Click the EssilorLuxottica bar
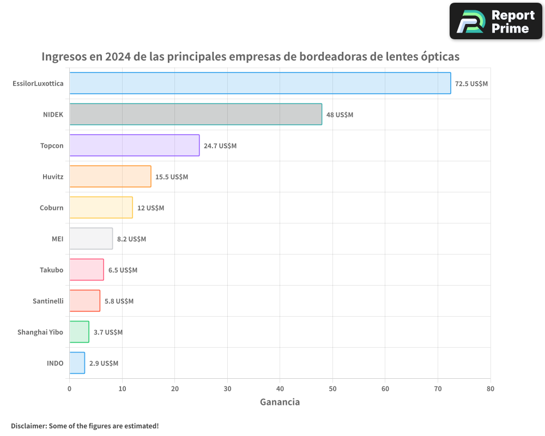260,83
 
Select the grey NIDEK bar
196,114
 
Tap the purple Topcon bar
134,146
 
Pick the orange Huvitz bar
110,177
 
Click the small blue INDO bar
77,363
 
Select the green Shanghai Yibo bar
79,332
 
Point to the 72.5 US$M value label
471,84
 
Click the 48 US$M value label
340,115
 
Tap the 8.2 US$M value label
131,239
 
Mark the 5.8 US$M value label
119,301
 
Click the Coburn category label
51,208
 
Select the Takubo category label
51,270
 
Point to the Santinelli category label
48,301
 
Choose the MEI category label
57,239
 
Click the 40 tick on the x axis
280,389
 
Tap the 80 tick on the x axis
491,389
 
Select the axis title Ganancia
280,402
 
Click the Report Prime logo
495,21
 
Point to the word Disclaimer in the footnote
28,426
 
